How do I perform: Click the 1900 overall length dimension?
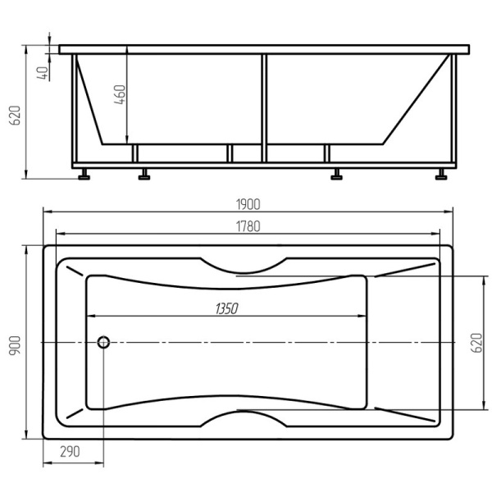coord(248,204)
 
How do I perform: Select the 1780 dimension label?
coord(248,226)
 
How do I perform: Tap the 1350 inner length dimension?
coord(227,309)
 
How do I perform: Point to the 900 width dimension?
coord(15,345)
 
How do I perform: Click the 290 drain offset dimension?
coord(71,452)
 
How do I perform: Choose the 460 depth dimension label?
coord(120,94)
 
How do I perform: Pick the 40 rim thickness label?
coord(43,73)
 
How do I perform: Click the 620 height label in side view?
coord(15,115)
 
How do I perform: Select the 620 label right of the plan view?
coord(477,343)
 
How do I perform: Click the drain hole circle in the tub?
coord(103,342)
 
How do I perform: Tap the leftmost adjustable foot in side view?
coord(84,174)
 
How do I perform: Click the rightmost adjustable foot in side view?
coord(441,174)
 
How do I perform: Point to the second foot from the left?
coord(144,174)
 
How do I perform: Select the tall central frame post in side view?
coord(264,108)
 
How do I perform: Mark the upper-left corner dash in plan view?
coord(75,271)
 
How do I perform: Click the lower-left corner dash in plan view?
coord(75,413)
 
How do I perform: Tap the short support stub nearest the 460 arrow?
coord(135,153)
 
